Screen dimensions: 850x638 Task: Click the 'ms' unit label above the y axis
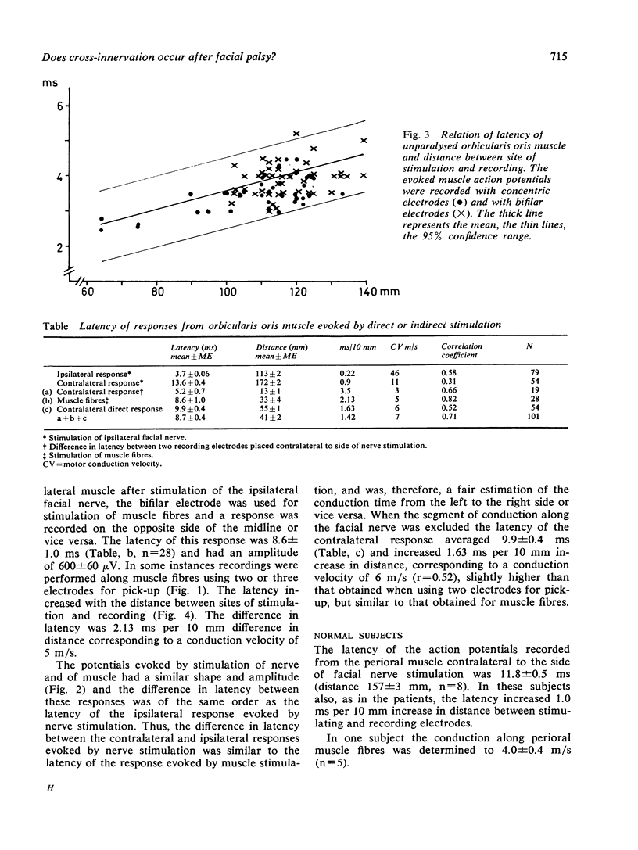tap(59, 81)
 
